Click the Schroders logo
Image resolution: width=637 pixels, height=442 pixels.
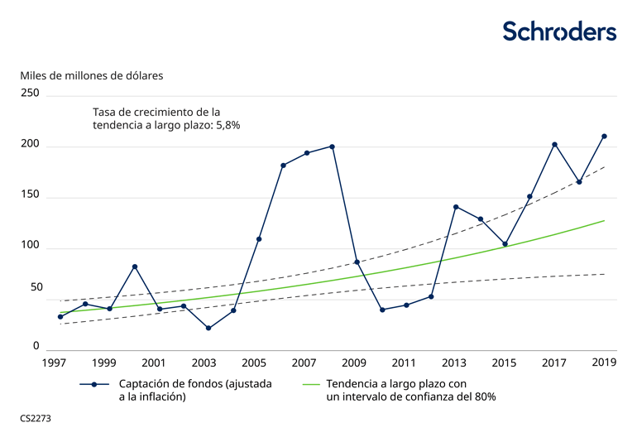[559, 31]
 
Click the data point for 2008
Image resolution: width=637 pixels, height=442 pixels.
[332, 147]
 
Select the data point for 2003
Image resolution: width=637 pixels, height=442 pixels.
[208, 329]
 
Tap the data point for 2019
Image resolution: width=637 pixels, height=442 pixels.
[604, 137]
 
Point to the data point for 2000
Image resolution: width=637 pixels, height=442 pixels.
[135, 267]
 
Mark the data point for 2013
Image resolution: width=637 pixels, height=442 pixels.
[456, 207]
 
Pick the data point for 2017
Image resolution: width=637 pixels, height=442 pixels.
[554, 145]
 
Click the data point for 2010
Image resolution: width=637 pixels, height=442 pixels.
[382, 310]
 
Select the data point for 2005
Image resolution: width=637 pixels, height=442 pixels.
[259, 239]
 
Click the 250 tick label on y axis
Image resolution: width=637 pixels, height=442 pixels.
[31, 94]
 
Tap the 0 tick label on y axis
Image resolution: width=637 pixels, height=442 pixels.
[36, 346]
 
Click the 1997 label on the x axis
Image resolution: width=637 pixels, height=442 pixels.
[55, 363]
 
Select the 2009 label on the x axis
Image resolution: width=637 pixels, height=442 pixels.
[354, 363]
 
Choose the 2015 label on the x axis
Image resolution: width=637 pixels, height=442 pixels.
[504, 363]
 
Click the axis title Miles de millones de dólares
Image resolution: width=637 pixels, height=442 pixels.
[92, 74]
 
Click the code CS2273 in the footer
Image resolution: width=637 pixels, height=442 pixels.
[36, 419]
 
